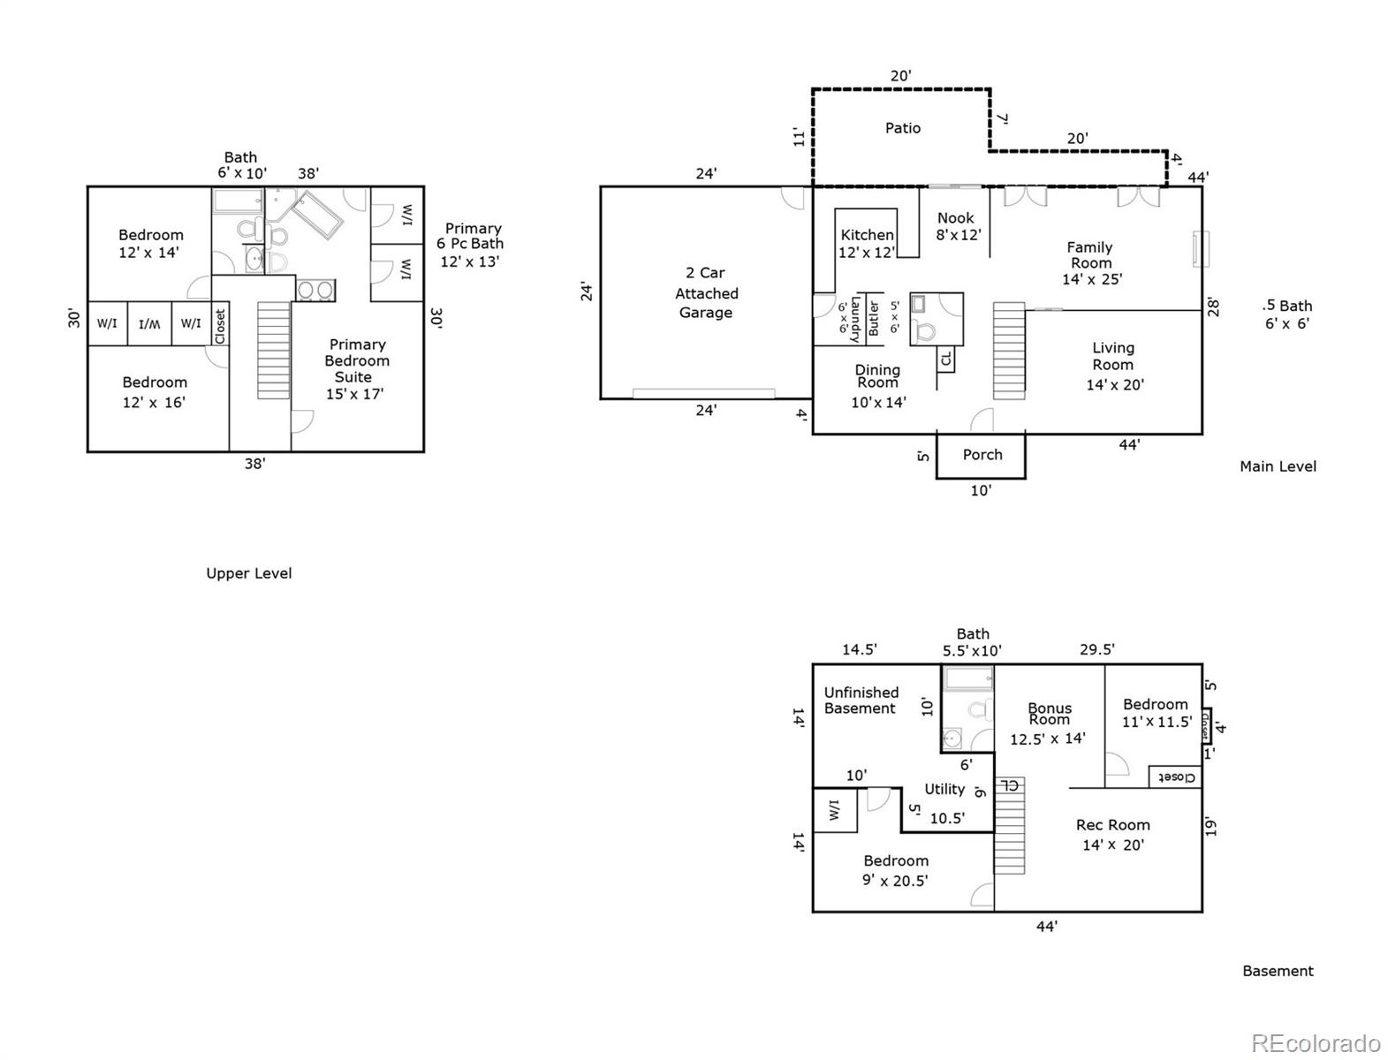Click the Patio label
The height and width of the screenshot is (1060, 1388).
point(902,128)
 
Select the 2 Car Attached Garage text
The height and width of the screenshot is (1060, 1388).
point(706,292)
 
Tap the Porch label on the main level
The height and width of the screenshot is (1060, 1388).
point(982,454)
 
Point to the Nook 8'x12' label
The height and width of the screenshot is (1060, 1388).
point(958,226)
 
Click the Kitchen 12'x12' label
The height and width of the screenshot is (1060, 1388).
point(867,243)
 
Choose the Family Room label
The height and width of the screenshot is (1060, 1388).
point(1091,263)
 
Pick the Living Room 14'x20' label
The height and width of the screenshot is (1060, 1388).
point(1114,366)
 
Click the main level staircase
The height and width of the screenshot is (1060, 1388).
point(1009,351)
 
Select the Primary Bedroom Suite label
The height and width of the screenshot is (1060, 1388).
point(356,369)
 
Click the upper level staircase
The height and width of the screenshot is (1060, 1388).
point(274,350)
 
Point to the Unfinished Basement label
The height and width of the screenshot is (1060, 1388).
point(861,700)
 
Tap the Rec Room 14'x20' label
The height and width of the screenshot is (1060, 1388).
point(1113,835)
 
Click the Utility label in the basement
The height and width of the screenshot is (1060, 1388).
point(944,789)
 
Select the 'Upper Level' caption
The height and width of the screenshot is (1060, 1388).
point(249,573)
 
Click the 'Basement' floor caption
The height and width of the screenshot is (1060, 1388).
point(1278,971)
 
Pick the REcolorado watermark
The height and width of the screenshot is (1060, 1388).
point(1316,1042)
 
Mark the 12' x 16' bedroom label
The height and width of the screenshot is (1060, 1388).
point(155,392)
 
